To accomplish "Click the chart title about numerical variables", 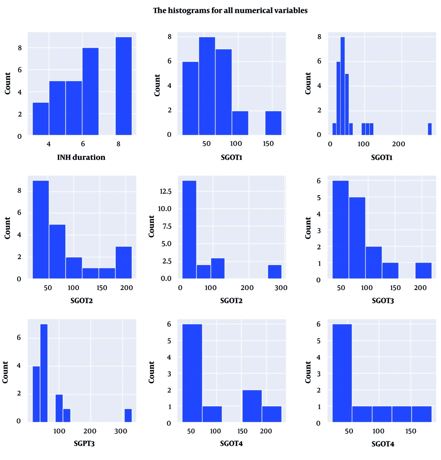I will [230, 11].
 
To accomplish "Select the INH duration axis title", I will [81, 157].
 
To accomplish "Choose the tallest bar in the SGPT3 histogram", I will [44, 373].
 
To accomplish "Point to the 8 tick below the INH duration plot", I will [119, 144].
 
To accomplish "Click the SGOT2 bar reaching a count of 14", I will [187, 230].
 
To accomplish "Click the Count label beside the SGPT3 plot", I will [7, 371].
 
